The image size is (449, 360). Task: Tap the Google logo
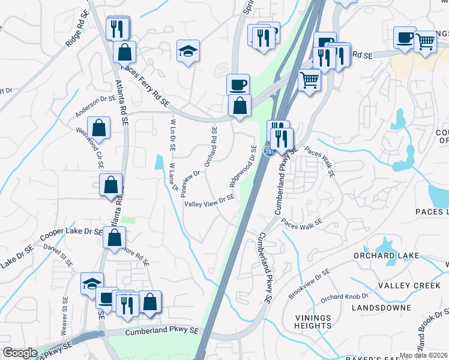20,353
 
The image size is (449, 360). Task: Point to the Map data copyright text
424,355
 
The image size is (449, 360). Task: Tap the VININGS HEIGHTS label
313,322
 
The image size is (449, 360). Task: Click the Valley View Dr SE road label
209,201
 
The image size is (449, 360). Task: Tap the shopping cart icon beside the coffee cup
425,41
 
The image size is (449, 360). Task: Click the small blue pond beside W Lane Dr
159,162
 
